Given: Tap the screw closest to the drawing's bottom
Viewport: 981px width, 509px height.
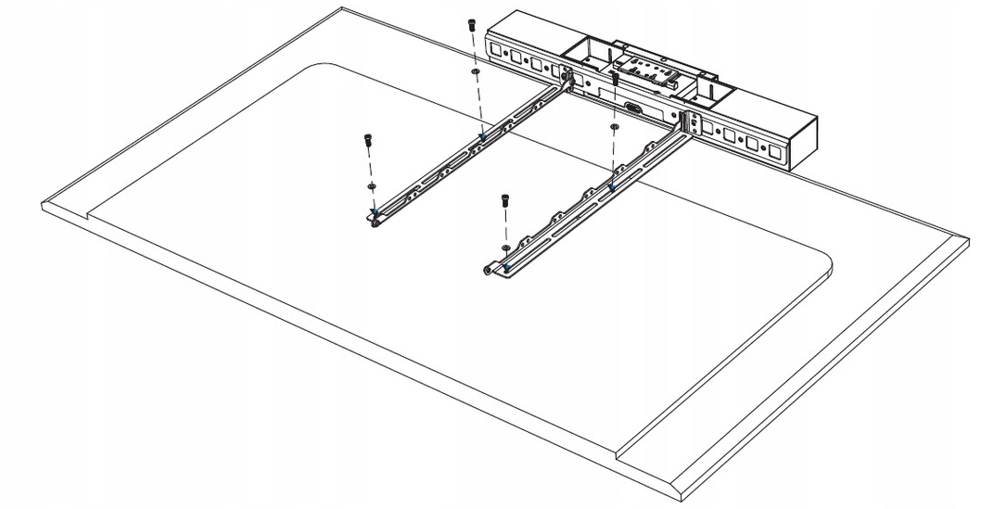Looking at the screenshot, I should coord(505,198).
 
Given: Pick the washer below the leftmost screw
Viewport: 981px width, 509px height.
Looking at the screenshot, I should coord(371,185).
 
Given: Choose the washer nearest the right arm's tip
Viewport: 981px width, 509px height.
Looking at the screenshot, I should coord(504,248).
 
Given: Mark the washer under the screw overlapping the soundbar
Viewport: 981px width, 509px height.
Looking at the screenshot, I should coord(614,124).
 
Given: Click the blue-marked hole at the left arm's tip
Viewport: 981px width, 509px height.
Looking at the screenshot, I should coord(374,214).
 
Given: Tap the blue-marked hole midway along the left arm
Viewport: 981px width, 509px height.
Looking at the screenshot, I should coord(482,135).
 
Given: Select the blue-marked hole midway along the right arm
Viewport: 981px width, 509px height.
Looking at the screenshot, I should coord(612,185).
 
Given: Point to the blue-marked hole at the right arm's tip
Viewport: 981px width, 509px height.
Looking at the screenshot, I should coord(506,266).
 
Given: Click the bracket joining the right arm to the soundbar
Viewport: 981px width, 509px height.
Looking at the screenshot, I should coord(689,125).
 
